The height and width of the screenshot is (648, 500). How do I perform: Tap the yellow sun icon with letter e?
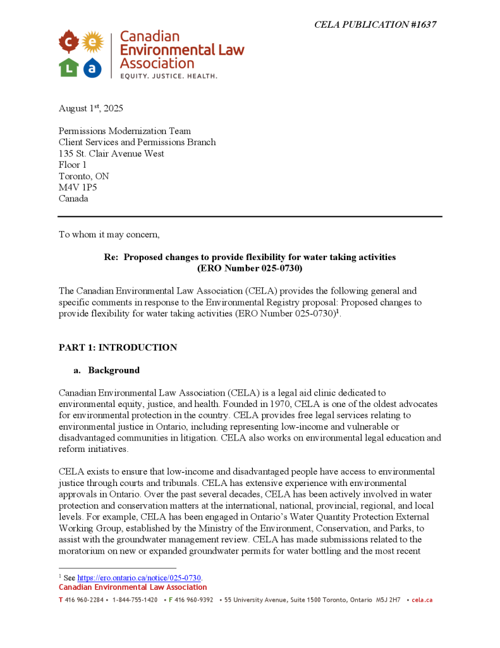[x=92, y=42]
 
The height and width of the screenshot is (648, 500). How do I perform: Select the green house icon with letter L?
[x=68, y=67]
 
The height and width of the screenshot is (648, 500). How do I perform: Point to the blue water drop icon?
[x=92, y=67]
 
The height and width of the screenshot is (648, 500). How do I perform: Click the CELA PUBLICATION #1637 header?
[x=375, y=25]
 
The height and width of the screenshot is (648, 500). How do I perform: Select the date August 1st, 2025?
[x=91, y=108]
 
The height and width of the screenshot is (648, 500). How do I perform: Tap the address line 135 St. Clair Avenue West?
[x=111, y=154]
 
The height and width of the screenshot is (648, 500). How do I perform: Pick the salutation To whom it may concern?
[x=109, y=235]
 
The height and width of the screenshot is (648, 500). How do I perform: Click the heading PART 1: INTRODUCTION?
[x=118, y=347]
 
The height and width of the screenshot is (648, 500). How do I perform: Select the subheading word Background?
[x=114, y=370]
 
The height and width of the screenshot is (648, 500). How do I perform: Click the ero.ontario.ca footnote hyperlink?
[x=139, y=578]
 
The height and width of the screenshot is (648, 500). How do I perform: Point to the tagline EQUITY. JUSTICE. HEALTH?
[x=169, y=76]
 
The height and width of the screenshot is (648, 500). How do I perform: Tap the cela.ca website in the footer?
[x=422, y=600]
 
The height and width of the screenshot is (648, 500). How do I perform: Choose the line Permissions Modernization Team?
[x=125, y=131]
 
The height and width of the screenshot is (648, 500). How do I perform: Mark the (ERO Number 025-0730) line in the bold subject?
[x=250, y=268]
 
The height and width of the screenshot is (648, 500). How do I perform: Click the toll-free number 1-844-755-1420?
[x=135, y=600]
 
